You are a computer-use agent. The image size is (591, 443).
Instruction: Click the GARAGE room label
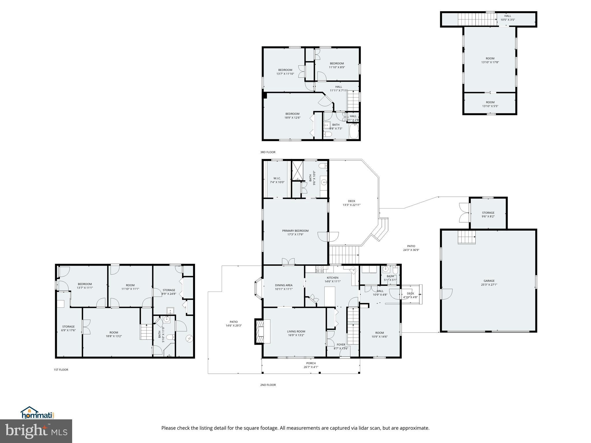[x=489, y=281]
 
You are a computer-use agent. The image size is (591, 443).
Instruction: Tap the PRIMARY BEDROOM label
[x=295, y=231]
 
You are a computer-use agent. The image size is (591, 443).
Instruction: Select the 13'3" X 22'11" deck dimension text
[x=351, y=205]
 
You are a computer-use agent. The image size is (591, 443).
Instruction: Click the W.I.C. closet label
[x=277, y=178]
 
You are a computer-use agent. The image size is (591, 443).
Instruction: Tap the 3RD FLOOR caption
[x=268, y=152]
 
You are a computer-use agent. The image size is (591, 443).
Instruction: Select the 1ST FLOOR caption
[x=61, y=369]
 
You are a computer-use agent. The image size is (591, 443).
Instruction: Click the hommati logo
[x=37, y=413]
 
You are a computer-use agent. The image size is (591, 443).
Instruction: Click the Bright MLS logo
[x=36, y=431]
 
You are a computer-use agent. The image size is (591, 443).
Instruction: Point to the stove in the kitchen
[x=320, y=270]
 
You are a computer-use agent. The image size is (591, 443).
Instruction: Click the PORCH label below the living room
[x=311, y=363]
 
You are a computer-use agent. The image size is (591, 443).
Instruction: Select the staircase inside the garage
[x=466, y=237]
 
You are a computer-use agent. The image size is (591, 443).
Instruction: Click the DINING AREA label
[x=284, y=285]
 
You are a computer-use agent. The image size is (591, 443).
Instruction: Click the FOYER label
[x=341, y=345]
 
